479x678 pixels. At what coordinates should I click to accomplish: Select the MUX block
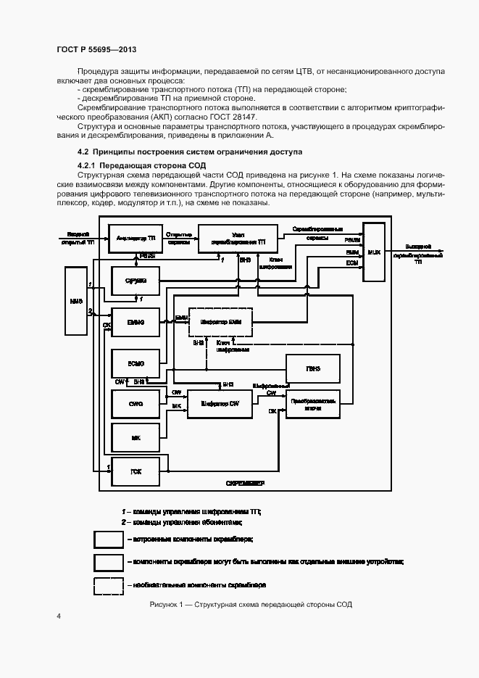click(x=375, y=253)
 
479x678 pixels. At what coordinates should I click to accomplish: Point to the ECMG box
click(x=136, y=363)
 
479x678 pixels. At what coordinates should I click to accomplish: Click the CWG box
click(x=136, y=402)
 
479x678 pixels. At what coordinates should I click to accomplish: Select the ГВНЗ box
click(x=313, y=368)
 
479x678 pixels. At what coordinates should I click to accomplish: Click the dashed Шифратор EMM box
click(x=220, y=321)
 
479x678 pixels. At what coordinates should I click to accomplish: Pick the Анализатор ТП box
click(x=136, y=237)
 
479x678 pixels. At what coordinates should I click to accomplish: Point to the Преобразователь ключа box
click(x=313, y=404)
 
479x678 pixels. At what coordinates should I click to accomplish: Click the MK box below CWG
click(x=136, y=438)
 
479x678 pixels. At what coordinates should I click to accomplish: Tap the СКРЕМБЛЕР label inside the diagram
click(x=244, y=482)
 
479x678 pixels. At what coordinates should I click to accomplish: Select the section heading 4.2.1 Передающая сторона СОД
click(x=130, y=166)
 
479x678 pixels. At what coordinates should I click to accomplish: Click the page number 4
click(x=59, y=616)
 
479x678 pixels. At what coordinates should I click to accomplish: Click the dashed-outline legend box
click(x=108, y=584)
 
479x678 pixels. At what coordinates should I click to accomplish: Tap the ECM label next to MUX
click(x=351, y=262)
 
